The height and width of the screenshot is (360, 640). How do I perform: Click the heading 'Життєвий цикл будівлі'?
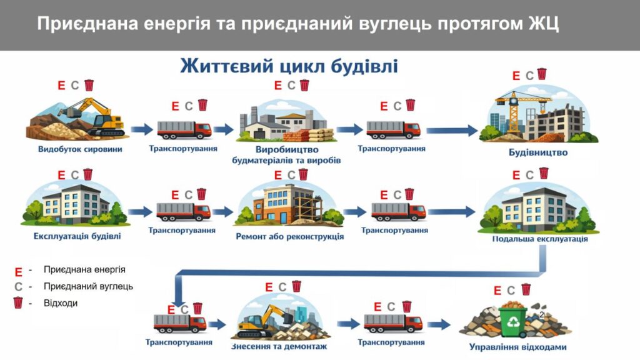(289, 66)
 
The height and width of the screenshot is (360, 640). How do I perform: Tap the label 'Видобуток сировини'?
(80, 149)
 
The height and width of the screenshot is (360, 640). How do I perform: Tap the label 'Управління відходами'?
(517, 347)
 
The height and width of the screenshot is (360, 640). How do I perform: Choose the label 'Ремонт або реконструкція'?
(289, 237)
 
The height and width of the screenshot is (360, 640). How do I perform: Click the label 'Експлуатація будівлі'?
(77, 236)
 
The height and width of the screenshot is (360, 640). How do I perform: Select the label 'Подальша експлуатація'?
(540, 239)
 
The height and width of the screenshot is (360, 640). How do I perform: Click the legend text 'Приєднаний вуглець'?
(88, 286)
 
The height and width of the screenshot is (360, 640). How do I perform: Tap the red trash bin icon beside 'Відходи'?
(18, 303)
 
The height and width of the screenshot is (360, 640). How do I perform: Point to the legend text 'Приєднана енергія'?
(84, 269)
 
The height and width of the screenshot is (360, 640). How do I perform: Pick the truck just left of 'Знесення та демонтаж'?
(180, 323)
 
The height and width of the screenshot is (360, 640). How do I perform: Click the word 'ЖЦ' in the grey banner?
(542, 24)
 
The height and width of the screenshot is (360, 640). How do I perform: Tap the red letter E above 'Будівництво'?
(516, 76)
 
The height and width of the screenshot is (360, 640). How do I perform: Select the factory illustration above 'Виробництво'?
(284, 124)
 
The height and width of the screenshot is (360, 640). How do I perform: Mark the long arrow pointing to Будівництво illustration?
(454, 130)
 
